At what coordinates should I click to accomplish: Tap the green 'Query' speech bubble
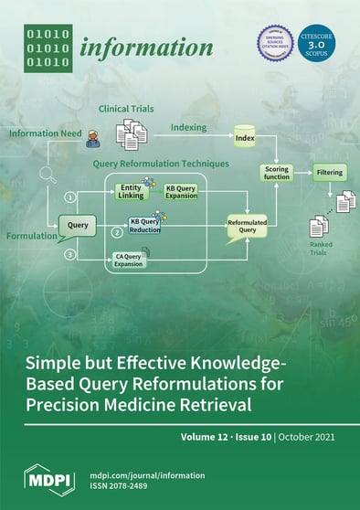(79, 223)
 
